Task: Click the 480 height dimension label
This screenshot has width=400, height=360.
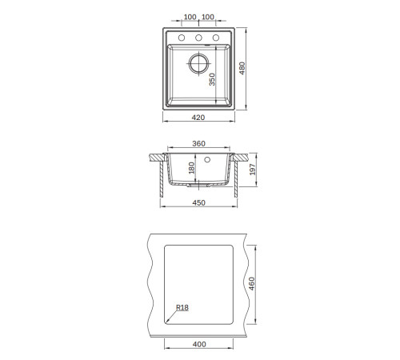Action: (242, 68)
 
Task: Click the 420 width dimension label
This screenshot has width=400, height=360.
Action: (198, 118)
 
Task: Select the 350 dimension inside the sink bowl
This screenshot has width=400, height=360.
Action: (212, 79)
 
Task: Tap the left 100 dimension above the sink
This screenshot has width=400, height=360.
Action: (190, 17)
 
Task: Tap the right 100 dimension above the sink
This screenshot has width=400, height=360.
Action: (208, 17)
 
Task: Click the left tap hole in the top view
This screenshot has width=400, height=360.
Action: (182, 38)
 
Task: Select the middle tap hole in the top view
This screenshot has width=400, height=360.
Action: (198, 38)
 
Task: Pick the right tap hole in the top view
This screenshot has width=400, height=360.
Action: (216, 38)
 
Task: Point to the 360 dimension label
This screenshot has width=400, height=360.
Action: (198, 143)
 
